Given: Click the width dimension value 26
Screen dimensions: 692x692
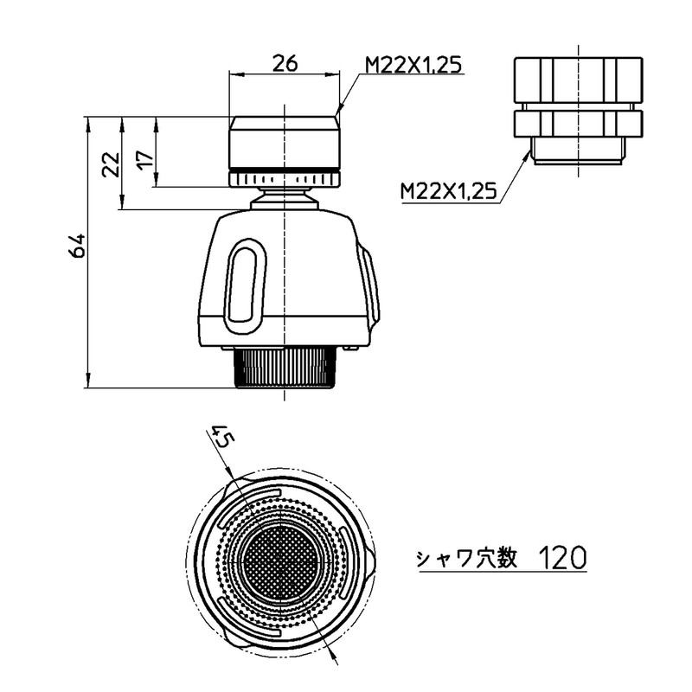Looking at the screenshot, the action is point(285,64).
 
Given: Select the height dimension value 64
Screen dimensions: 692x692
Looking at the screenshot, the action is point(77,246).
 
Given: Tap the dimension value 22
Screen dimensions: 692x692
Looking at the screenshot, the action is point(111,164).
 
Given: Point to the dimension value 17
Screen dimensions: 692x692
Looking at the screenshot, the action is point(145,157).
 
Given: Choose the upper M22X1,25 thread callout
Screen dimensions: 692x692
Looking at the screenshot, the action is point(413,66).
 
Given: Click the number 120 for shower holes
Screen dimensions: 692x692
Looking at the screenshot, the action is point(563,557).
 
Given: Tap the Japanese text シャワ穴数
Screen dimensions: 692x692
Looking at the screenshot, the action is point(466,559).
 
